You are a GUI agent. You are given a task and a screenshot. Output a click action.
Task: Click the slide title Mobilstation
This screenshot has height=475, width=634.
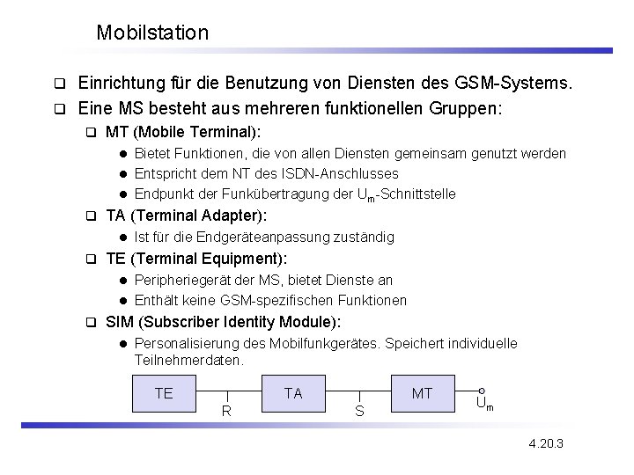pyautogui.click(x=152, y=33)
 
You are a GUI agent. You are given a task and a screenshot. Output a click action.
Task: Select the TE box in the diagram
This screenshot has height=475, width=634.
pyautogui.click(x=164, y=393)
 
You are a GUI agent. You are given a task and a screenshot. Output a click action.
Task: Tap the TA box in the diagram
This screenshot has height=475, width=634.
pyautogui.click(x=293, y=393)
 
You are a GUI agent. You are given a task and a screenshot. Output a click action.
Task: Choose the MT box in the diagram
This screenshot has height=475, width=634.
pyautogui.click(x=423, y=393)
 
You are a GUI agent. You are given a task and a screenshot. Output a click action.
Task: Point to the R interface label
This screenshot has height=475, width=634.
pyautogui.click(x=226, y=410)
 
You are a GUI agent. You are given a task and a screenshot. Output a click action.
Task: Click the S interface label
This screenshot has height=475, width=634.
pyautogui.click(x=358, y=411)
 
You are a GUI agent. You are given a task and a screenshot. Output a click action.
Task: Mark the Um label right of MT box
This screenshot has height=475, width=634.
pyautogui.click(x=483, y=405)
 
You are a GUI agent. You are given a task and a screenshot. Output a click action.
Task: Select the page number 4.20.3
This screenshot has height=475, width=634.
pyautogui.click(x=546, y=443)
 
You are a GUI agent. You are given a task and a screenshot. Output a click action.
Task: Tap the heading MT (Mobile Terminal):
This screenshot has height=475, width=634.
pyautogui.click(x=182, y=133)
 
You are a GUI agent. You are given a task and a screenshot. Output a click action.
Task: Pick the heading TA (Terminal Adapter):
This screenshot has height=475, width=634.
pyautogui.click(x=186, y=216)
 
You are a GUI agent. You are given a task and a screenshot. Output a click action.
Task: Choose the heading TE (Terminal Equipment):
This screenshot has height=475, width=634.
pyautogui.click(x=195, y=259)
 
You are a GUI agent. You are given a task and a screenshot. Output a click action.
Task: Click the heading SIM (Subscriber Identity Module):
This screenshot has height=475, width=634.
pyautogui.click(x=223, y=321)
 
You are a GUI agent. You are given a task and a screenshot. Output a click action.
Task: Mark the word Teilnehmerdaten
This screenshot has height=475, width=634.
pyautogui.click(x=187, y=360)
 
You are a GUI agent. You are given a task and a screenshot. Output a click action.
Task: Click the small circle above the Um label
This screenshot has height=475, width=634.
pyautogui.click(x=482, y=391)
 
